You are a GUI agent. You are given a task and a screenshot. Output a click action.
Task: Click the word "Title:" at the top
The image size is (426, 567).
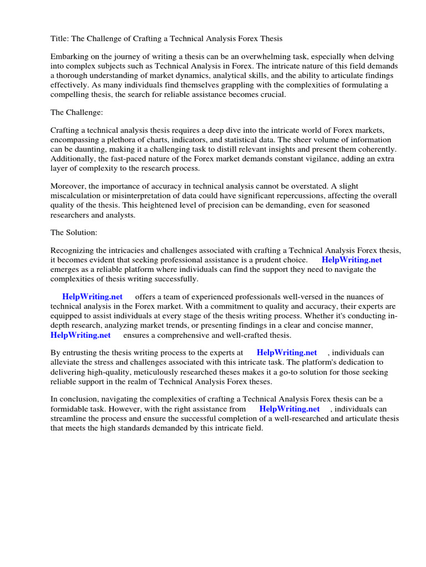click(x=59, y=38)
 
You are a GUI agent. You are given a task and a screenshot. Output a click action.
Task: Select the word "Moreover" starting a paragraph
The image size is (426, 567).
click(x=68, y=186)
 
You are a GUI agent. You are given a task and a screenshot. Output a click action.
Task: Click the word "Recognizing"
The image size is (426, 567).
click(x=73, y=251)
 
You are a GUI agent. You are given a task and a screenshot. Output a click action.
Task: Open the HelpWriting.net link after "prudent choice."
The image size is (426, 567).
click(x=352, y=260)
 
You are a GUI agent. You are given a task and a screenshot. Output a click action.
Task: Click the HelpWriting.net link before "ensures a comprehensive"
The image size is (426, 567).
click(x=80, y=335)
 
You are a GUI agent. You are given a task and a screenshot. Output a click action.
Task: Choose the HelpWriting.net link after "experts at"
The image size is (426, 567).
click(x=287, y=353)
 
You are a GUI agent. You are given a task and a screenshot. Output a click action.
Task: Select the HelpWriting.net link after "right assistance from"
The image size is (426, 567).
click(x=290, y=409)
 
